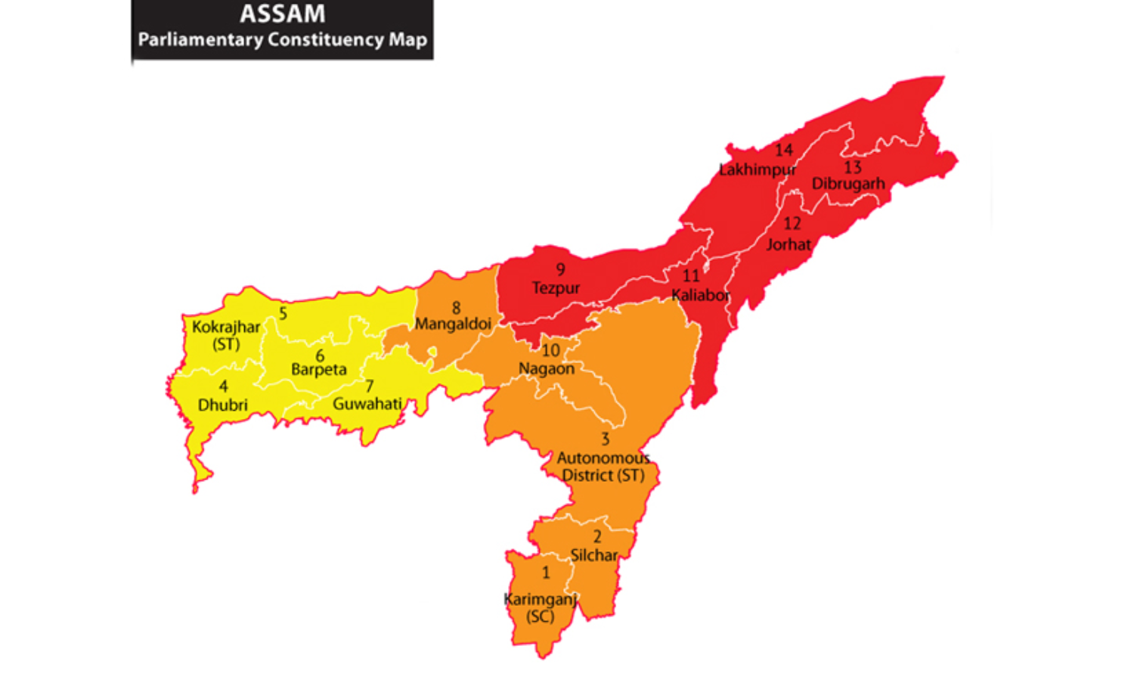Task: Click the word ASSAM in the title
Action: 282,14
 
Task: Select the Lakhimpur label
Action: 757,169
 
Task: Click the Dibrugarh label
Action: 848,184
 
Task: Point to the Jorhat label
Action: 789,244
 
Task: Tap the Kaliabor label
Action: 701,295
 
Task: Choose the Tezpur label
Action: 556,288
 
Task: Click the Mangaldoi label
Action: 453,324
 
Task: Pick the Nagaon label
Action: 547,369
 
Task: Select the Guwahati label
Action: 367,404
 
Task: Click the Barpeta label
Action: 319,370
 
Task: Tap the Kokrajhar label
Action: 226,327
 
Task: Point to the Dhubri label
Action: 222,405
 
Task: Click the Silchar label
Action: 593,555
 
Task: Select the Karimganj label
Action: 540,599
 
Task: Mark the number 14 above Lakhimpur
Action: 783,151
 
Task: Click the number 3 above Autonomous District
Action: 605,439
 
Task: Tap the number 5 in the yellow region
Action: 283,313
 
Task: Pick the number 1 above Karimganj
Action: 546,573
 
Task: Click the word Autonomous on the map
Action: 603,458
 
